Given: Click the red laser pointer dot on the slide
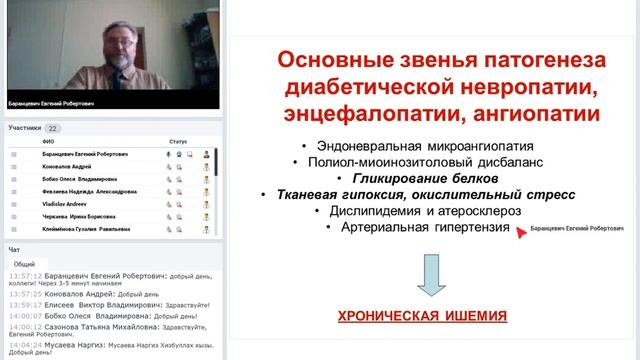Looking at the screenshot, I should point(519,230).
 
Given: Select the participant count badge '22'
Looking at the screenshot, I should point(53,128).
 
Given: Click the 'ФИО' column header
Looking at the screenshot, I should point(48,142).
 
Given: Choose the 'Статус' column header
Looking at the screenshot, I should point(178,142).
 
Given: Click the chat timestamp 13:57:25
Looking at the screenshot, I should point(24,294).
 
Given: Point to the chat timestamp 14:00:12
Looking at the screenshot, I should point(24,326).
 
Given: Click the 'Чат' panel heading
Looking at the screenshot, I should point(14,248).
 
